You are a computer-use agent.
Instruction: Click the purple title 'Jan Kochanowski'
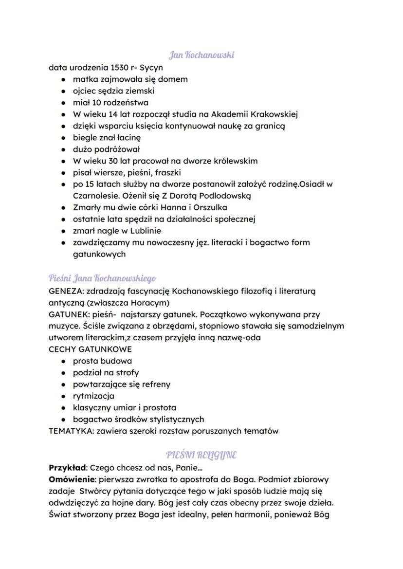point(201,55)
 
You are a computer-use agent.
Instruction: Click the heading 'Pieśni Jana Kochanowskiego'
point(102,278)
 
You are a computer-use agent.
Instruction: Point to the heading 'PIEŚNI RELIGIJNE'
point(201,455)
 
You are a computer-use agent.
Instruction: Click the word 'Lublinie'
point(145,231)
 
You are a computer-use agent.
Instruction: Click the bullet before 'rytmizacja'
point(63,396)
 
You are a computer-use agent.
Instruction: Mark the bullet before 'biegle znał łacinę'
point(63,138)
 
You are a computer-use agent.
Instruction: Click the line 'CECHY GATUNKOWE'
point(90,349)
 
